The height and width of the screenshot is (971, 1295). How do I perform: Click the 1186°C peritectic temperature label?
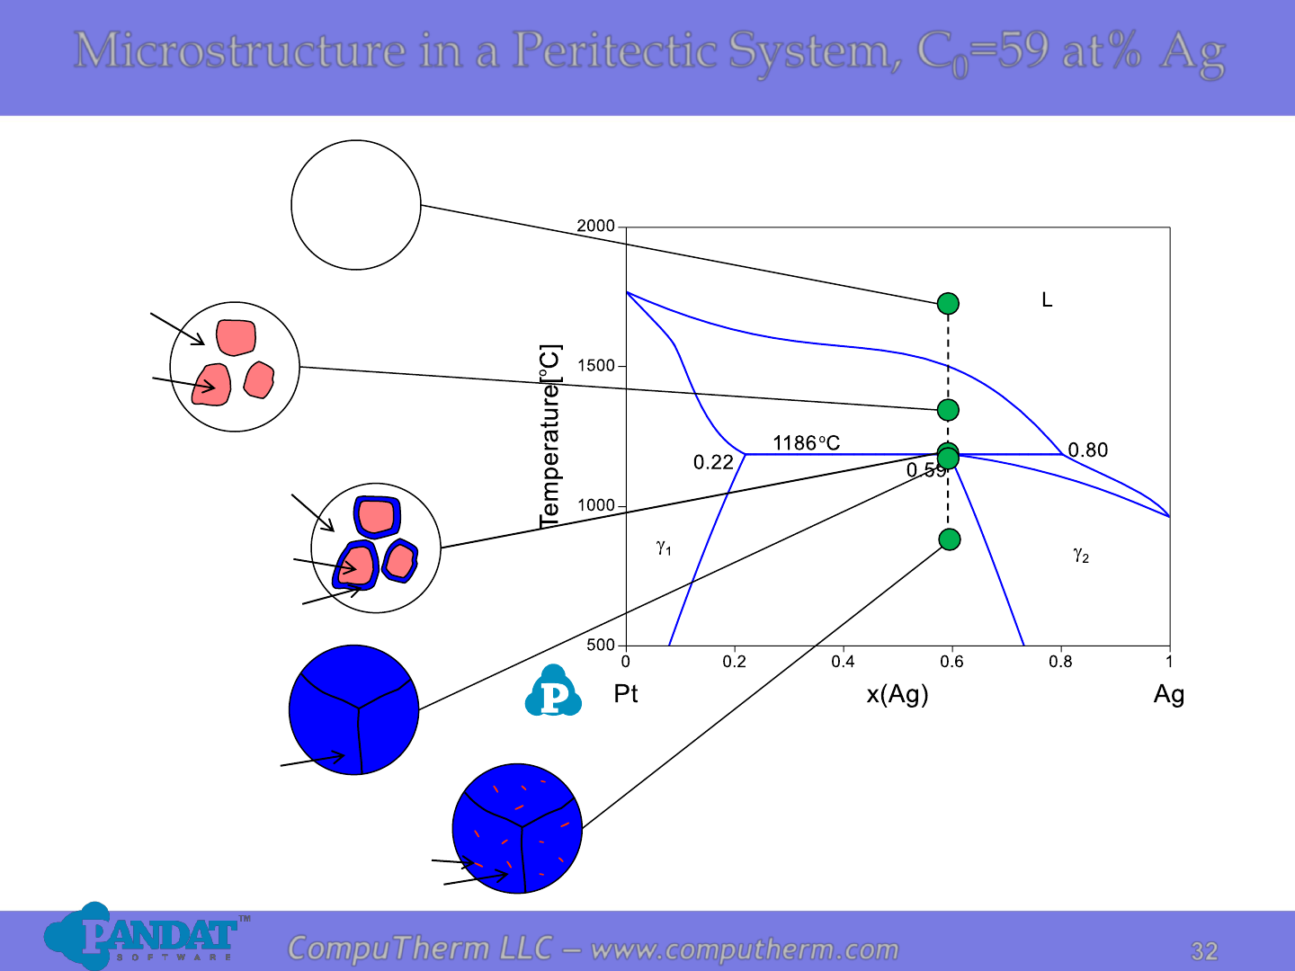pos(806,442)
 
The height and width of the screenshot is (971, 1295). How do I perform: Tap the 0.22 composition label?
pos(712,462)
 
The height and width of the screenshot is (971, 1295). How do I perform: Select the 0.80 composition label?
pos(1088,450)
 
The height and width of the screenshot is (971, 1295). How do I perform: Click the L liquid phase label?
pos(1047,299)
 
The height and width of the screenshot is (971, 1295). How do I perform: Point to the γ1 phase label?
pos(664,548)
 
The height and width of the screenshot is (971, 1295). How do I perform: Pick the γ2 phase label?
pos(1081,555)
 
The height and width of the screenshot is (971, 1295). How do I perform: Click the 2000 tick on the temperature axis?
pos(595,226)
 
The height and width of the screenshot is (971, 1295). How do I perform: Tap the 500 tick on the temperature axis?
pos(601,645)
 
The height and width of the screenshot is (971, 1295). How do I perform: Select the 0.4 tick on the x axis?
pos(843,662)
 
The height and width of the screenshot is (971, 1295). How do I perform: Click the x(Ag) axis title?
pos(897,694)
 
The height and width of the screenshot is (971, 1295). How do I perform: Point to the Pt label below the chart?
pos(625,693)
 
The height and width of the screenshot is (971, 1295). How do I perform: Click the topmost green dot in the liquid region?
pos(948,304)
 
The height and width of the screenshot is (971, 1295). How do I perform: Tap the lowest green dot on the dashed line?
pos(950,539)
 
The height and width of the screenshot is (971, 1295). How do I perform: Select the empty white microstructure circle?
pos(356,205)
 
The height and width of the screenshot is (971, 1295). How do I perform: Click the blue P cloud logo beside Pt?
pos(553,690)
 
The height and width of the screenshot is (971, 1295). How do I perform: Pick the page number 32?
pos(1204,951)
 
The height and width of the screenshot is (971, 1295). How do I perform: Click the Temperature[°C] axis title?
pos(549,436)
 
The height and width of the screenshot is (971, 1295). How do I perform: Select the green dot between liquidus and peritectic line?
pos(948,410)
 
